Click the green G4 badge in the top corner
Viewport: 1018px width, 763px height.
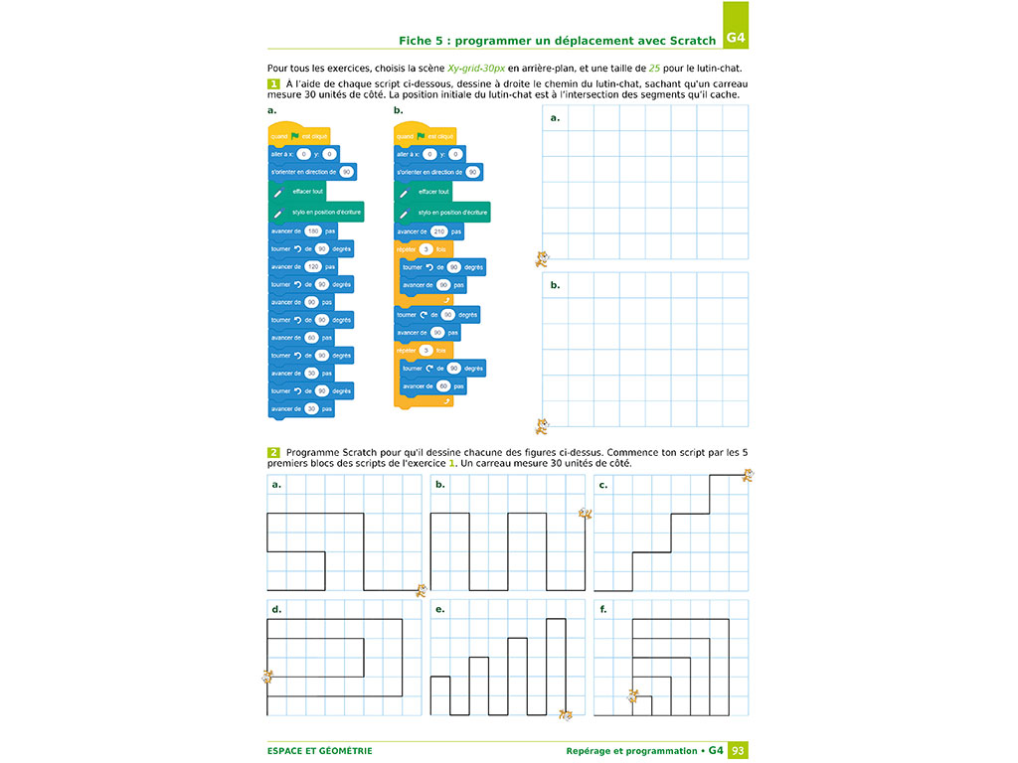click(x=736, y=39)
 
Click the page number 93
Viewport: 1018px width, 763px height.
click(x=738, y=750)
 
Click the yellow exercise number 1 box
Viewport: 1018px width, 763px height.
click(x=273, y=84)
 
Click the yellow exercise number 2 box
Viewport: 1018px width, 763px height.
click(x=273, y=452)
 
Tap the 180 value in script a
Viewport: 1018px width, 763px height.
click(x=312, y=230)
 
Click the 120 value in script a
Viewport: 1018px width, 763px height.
click(x=312, y=266)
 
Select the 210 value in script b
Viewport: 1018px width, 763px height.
click(x=438, y=230)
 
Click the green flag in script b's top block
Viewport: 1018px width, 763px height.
click(x=422, y=136)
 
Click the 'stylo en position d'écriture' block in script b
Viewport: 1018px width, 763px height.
click(x=442, y=213)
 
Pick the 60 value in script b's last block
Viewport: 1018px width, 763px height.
click(x=443, y=385)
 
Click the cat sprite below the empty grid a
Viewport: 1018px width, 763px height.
click(x=542, y=259)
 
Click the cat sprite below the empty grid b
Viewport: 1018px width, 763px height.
click(x=542, y=426)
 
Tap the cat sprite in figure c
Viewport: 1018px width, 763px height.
click(x=747, y=476)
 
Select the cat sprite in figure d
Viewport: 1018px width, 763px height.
click(x=267, y=677)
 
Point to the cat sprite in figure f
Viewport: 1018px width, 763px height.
click(x=631, y=695)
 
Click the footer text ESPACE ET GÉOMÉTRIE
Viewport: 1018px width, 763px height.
click(x=319, y=751)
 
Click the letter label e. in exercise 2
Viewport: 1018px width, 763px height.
click(x=439, y=609)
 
